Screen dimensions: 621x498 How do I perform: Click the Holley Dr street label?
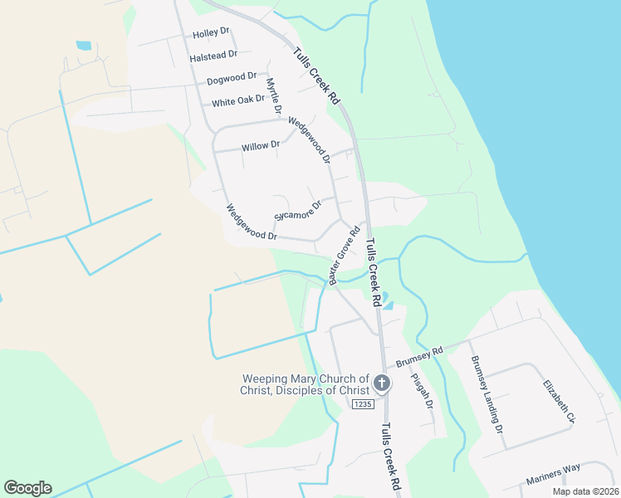[x=211, y=33]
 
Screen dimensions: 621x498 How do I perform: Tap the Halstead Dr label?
[x=213, y=55]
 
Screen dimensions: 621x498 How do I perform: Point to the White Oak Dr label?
[x=237, y=101]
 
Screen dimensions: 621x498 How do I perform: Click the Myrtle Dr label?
[x=273, y=95]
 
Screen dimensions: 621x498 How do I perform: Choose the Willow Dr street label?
[x=261, y=146]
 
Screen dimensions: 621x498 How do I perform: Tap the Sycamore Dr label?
[x=297, y=212]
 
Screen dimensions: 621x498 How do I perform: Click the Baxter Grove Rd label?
[x=344, y=255]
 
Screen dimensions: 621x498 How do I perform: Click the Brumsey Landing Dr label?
[x=487, y=395]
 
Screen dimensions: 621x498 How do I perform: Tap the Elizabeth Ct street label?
[x=559, y=401]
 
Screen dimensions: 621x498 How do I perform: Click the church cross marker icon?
[x=382, y=383]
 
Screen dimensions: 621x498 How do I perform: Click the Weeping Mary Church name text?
[x=304, y=384]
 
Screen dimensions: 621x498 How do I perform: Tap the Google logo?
[x=27, y=488]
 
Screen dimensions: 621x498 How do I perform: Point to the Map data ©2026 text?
[x=584, y=491]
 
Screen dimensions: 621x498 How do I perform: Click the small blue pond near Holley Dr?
[x=84, y=46]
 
